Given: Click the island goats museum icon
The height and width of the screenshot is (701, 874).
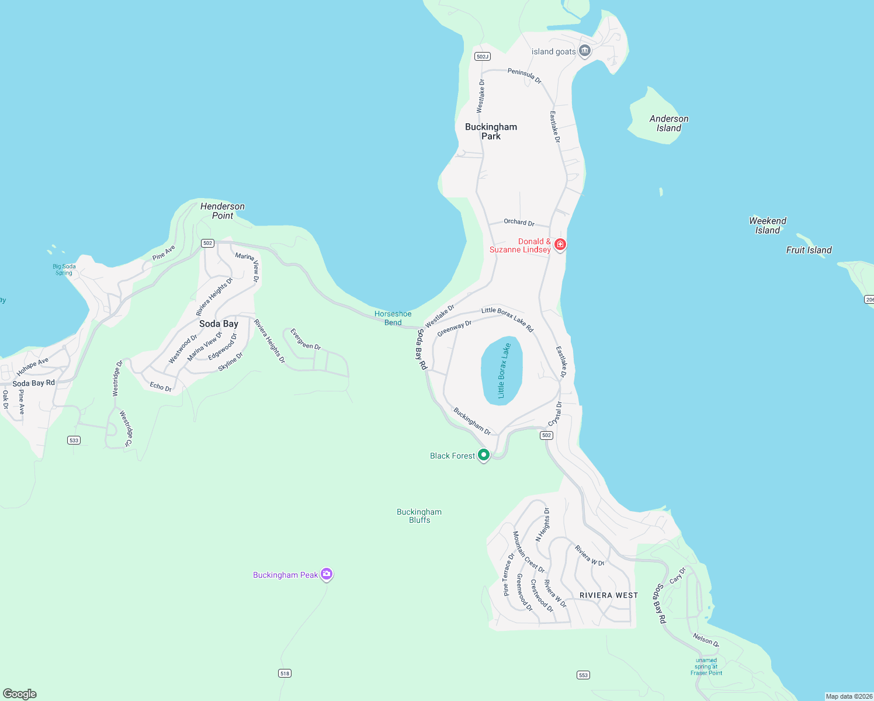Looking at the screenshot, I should (x=584, y=51).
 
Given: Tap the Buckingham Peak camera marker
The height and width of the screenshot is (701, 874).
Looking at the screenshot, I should (x=327, y=574).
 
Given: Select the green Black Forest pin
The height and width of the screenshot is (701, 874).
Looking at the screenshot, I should (x=483, y=454).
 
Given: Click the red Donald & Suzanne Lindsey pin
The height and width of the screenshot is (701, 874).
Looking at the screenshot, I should (x=560, y=244).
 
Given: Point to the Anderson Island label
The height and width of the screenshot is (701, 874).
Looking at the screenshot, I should (x=669, y=123).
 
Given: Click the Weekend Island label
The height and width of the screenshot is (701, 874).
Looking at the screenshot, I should (x=768, y=225).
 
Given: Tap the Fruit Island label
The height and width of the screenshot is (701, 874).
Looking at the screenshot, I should (x=809, y=250).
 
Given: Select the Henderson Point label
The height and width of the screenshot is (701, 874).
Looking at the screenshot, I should (x=223, y=211).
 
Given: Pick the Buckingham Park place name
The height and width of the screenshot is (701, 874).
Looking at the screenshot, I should (x=491, y=131).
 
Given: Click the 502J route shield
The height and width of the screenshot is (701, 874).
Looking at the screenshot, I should (x=482, y=57).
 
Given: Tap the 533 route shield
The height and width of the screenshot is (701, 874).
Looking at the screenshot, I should (x=74, y=440).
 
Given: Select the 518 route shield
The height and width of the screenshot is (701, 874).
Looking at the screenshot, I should (x=285, y=674).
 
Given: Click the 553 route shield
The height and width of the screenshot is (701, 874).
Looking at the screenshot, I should (x=583, y=675).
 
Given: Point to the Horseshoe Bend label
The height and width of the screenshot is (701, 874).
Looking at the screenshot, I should (x=393, y=318).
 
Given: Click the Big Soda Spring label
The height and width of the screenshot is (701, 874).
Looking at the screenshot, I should (x=64, y=269).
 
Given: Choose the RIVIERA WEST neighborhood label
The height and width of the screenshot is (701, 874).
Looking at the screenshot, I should (x=609, y=595).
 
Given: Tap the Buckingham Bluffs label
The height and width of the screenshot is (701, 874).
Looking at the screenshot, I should (x=419, y=516).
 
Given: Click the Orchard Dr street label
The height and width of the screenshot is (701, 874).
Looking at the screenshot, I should (x=519, y=222).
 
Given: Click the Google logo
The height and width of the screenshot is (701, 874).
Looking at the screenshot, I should (x=20, y=694).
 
